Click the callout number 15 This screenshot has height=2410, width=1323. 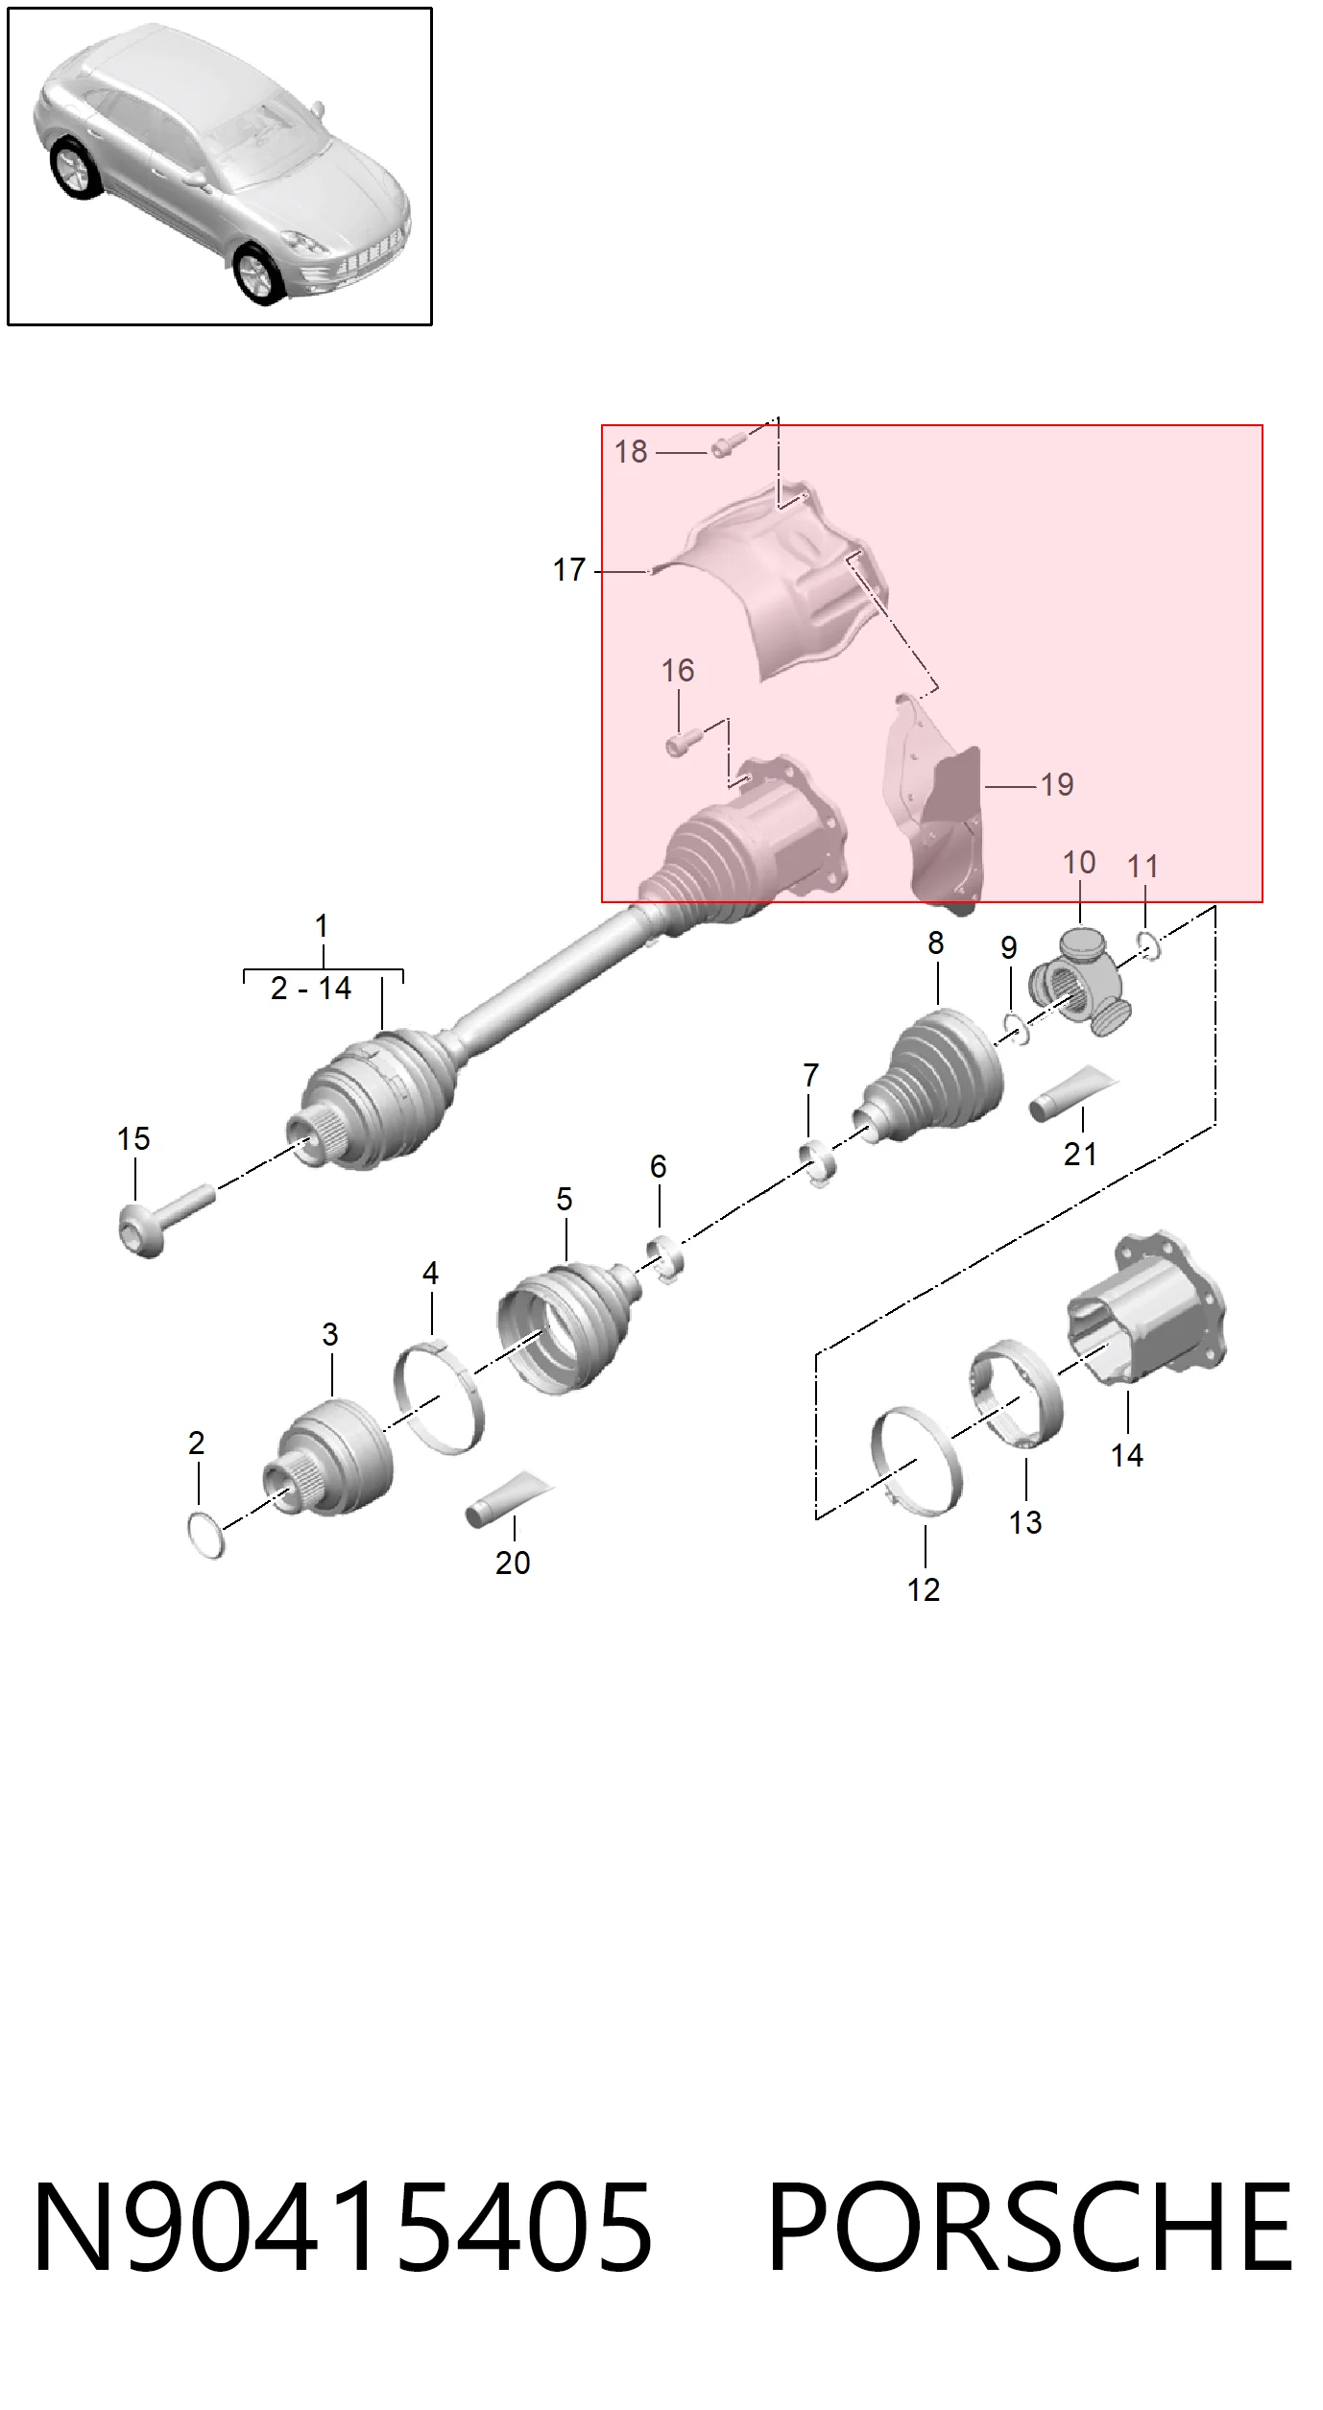pos(133,1139)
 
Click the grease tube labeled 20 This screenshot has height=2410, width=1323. pos(509,1499)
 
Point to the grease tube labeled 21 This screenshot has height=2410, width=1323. pos(1073,1093)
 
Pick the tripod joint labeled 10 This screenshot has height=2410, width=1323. pos(1081,984)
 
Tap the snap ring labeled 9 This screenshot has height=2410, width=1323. pos(1016,1030)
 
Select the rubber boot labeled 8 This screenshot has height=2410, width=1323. pos(928,1077)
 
